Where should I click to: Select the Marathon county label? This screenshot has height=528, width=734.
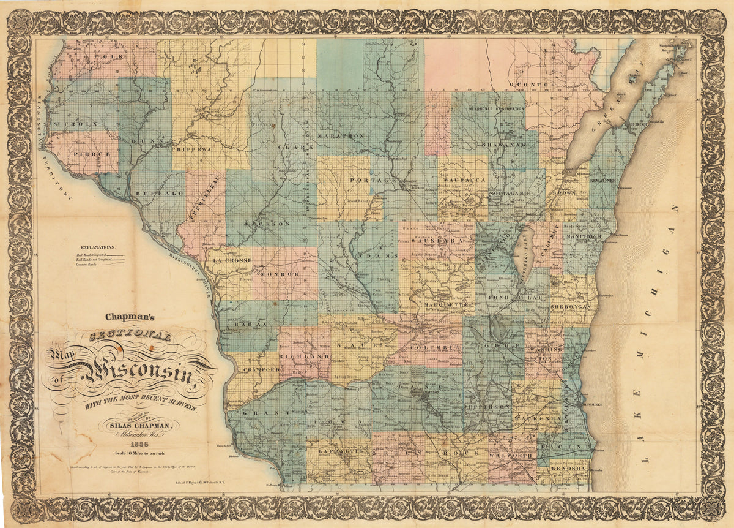click(x=342, y=135)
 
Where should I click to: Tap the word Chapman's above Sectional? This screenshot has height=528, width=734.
click(x=132, y=317)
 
